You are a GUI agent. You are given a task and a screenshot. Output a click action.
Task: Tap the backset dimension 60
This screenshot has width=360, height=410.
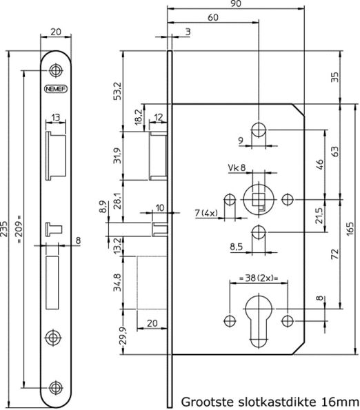click(x=214, y=17)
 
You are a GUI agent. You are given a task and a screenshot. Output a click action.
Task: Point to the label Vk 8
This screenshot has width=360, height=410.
click(x=237, y=167)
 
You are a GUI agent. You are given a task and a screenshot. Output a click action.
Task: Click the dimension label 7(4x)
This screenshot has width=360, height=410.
click(x=207, y=214)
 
